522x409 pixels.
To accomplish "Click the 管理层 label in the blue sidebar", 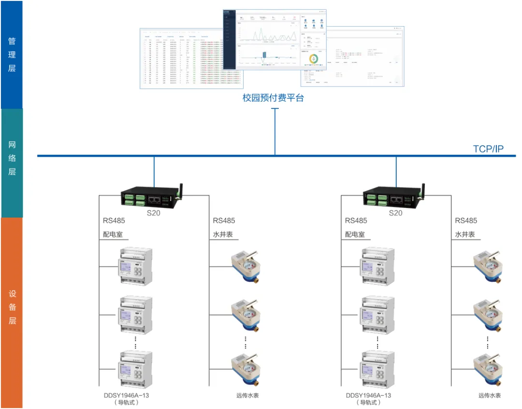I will (x=12, y=55).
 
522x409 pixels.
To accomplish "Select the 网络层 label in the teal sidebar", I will (x=12, y=158).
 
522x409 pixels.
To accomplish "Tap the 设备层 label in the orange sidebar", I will (x=12, y=307).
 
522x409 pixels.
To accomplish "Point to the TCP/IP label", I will (x=488, y=148).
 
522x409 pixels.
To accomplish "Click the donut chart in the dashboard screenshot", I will (x=314, y=59).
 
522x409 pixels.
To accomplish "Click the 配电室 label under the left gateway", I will (x=113, y=234).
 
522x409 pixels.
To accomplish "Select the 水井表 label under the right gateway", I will (x=465, y=234).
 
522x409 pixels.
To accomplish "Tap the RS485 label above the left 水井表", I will (x=224, y=220).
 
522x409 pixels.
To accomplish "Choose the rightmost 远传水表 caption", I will (x=490, y=395).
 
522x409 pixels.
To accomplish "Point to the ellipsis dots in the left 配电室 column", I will (x=136, y=342).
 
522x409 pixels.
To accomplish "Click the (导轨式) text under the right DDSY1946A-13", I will (x=369, y=402).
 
